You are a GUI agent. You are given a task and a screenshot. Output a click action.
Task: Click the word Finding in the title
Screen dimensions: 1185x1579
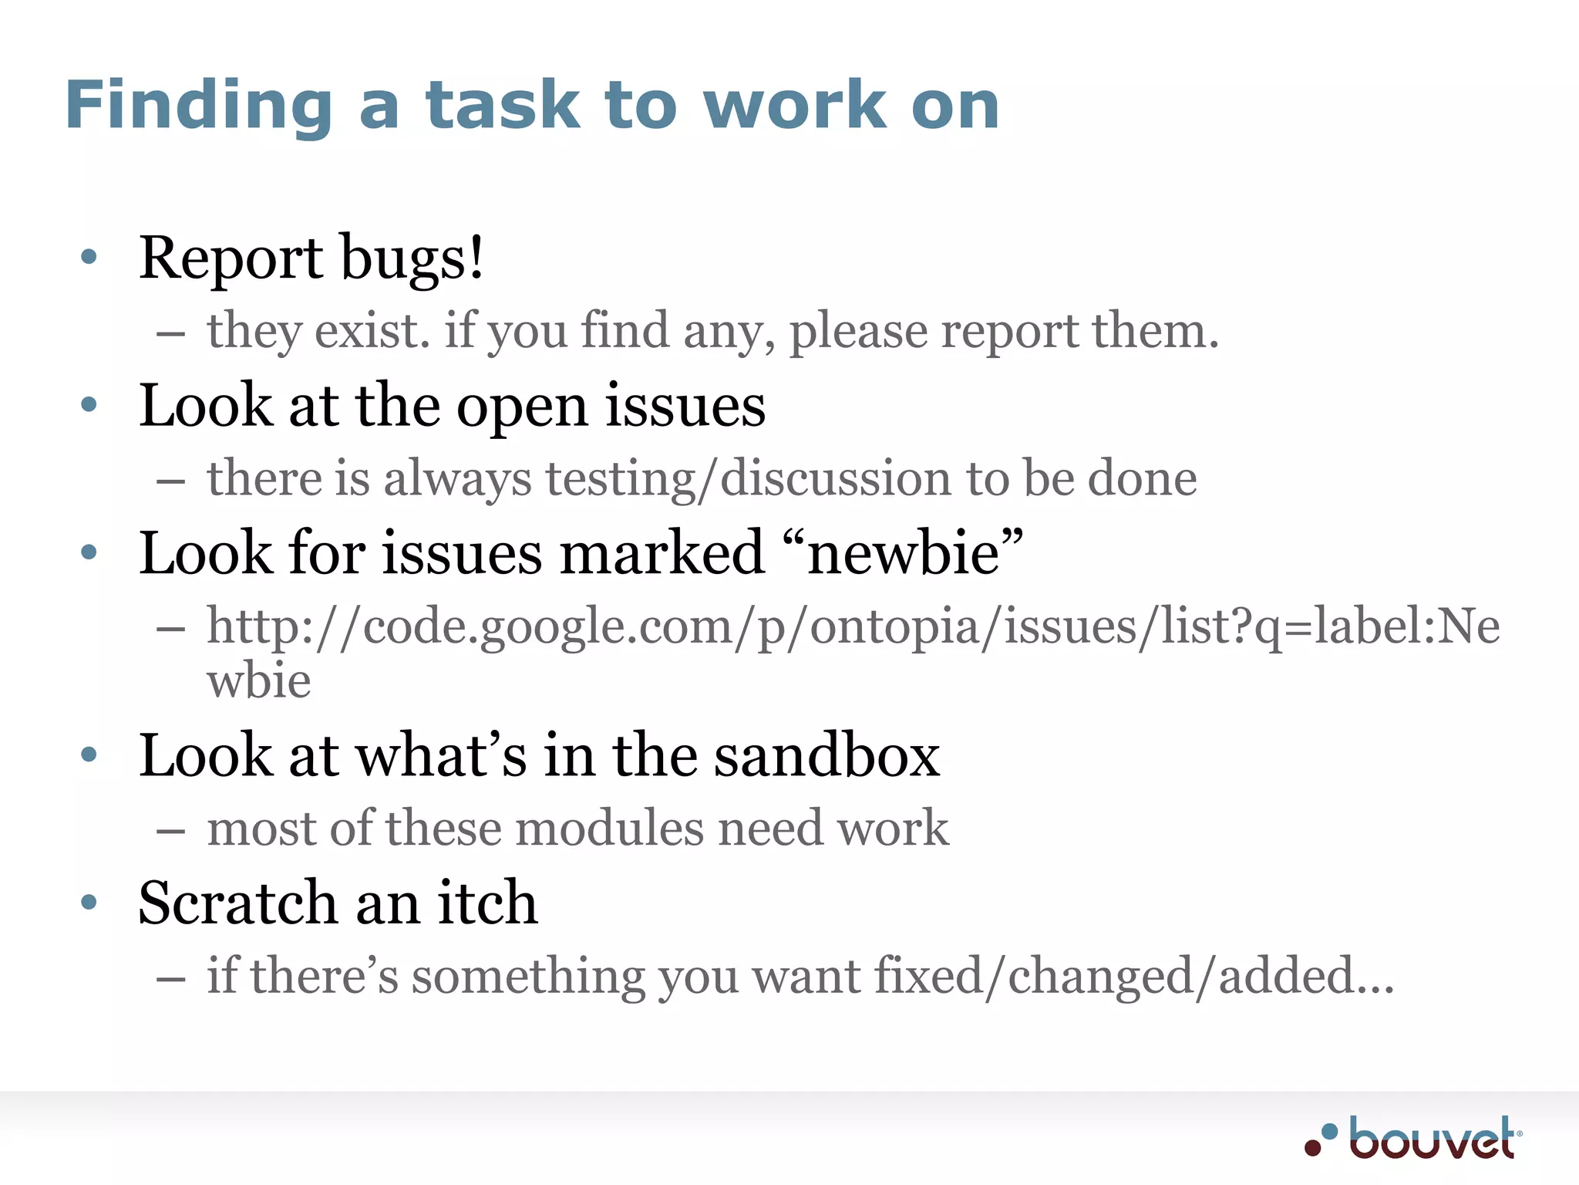[x=199, y=106]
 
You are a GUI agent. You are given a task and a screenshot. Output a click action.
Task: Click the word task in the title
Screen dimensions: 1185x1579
[x=503, y=106]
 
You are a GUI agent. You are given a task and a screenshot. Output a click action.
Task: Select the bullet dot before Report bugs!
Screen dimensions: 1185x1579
[x=89, y=257]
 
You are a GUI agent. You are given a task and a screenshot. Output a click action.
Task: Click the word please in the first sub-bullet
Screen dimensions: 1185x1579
[x=857, y=331]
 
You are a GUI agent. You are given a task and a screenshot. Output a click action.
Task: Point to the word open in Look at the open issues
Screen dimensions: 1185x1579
[x=522, y=407]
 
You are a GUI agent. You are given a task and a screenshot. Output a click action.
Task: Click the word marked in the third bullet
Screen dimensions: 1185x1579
[x=662, y=553]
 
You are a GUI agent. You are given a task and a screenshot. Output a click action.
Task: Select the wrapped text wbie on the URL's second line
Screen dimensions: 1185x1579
[x=259, y=681]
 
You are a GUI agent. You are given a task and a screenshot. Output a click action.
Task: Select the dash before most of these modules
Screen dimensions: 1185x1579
[x=170, y=831]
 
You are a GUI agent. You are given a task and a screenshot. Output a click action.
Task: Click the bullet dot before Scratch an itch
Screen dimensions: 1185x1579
[x=89, y=902]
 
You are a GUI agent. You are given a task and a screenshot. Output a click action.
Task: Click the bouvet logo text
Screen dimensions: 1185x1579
[x=1433, y=1139]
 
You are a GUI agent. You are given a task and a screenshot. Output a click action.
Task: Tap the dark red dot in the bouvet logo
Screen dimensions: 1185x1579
[x=1313, y=1148]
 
